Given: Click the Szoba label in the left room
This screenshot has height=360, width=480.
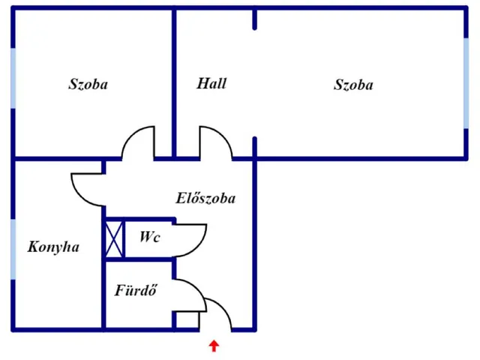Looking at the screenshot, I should coord(88,84).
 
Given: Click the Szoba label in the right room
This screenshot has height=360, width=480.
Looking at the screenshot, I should coord(353,85).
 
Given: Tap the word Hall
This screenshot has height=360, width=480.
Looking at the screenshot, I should coord(211,83).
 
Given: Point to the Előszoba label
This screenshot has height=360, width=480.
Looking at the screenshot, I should coord(205,199).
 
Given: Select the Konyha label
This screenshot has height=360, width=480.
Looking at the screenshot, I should coord(53,247).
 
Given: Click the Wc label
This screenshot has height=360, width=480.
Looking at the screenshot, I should coord(149,236).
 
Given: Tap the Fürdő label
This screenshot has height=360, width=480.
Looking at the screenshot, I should coord(135,290).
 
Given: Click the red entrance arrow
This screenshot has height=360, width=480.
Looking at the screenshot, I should coord(214,346).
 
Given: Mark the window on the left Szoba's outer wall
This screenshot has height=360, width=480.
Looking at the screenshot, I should coord(13,79).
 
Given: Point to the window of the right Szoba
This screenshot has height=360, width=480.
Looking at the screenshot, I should coord(466,79).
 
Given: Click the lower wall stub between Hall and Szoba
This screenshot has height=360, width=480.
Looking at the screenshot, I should coord(255,148).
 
